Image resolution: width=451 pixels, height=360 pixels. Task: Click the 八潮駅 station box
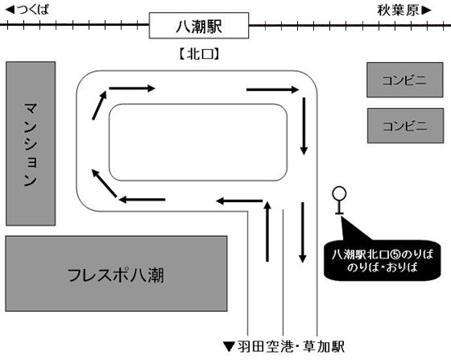pos(199,26)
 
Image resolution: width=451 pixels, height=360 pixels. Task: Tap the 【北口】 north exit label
pos(199,54)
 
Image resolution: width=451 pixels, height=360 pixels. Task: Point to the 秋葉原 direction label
pos(399,10)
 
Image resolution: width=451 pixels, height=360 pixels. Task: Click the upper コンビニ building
pos(404,80)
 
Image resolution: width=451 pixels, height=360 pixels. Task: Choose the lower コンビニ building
pos(405,126)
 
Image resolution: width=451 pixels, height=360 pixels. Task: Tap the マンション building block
pos(31,143)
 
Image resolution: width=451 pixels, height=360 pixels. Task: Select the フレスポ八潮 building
pos(116,274)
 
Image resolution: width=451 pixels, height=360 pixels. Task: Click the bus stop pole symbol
pos(339,201)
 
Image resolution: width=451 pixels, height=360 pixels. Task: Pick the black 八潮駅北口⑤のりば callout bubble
pos(382,260)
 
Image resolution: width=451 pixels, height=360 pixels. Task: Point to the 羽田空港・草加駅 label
pos(291,347)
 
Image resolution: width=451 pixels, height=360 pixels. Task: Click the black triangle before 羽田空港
pos(230,347)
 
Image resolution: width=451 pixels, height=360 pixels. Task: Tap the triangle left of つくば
pos(10,10)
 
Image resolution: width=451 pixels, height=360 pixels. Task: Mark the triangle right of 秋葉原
pos(427,10)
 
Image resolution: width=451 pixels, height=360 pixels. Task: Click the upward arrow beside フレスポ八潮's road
pos(267,231)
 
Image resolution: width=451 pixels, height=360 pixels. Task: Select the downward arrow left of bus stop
pos(303,232)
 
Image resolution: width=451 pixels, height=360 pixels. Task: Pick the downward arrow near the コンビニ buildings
pos(304,126)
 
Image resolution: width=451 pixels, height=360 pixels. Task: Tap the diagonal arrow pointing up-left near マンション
pos(104,183)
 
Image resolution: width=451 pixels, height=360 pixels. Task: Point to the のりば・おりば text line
pos(383,267)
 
